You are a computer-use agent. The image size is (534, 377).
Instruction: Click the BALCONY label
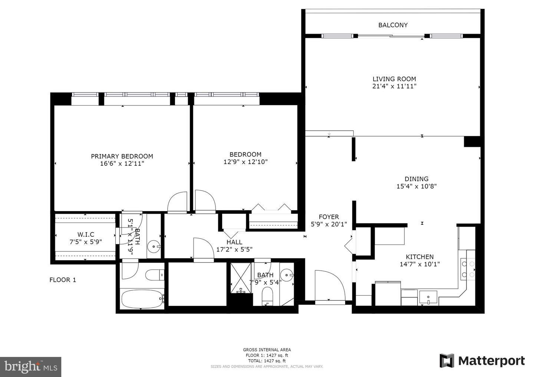tap(393, 25)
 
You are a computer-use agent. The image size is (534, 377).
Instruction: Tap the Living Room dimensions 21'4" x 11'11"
tap(394, 86)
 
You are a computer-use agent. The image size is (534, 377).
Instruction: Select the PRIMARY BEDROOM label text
tap(122, 156)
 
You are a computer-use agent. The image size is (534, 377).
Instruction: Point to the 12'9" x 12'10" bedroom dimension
tap(245, 162)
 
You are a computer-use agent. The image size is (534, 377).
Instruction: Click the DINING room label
tap(416, 179)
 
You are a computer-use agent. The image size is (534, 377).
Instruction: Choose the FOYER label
tap(329, 217)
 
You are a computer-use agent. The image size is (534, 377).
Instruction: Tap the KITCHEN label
tap(420, 257)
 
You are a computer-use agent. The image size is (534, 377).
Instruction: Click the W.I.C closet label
tap(86, 235)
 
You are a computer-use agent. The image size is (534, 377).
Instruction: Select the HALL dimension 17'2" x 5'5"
tap(234, 250)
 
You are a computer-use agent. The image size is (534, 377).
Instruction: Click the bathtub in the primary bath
tap(143, 299)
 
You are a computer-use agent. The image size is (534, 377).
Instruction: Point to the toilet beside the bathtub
tap(155, 275)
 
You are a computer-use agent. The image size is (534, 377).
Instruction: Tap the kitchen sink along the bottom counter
tap(428, 297)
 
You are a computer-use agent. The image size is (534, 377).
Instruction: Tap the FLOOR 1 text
tap(63, 280)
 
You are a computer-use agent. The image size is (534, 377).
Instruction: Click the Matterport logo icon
tap(447, 361)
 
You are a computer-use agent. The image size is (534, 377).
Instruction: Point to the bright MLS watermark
tap(30, 367)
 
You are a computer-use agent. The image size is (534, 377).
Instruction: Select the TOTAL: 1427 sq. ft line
tap(267, 361)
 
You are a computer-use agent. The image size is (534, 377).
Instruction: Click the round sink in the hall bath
tap(287, 276)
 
